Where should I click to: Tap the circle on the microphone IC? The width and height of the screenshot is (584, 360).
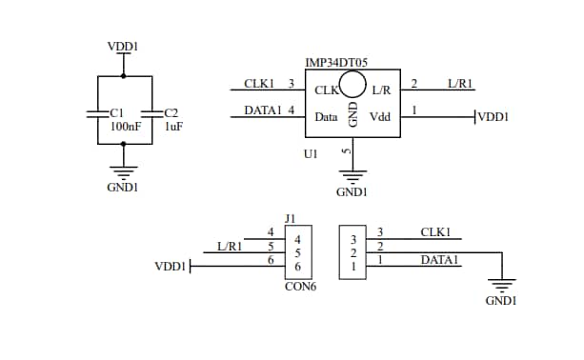353,84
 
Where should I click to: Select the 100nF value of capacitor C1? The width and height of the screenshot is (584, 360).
127,126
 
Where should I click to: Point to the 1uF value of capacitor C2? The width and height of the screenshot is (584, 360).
173,126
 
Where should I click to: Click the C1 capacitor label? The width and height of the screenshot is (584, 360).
117,112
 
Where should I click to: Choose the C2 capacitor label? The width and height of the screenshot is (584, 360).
171,112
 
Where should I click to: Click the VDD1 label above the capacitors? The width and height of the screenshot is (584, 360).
123,45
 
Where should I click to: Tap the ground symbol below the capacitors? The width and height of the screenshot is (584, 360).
123,170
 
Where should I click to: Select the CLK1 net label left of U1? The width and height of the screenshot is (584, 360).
259,84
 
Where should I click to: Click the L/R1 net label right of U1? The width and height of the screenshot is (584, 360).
460,84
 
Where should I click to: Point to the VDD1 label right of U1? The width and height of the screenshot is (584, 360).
493,117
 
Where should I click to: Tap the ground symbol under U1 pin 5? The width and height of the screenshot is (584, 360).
353,175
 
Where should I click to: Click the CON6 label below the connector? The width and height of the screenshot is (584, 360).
300,286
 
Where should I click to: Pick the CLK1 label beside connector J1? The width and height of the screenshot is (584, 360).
435,231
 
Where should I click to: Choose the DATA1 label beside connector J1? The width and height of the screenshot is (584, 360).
439,259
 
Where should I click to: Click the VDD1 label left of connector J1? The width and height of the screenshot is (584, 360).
171,267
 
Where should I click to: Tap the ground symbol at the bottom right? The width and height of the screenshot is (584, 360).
500,285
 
